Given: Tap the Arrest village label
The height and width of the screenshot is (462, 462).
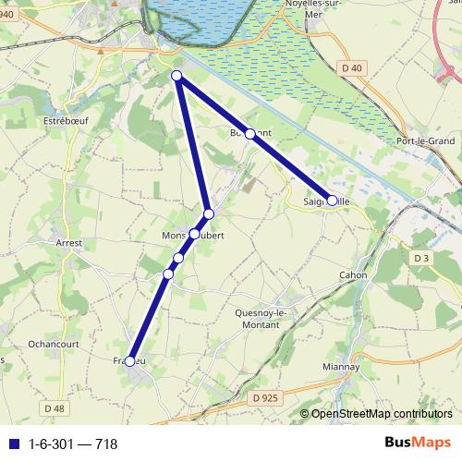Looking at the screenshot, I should pyautogui.click(x=69, y=243).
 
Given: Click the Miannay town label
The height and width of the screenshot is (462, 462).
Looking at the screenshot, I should pyautogui.click(x=342, y=367).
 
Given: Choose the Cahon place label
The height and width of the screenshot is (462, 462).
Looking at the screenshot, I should pyautogui.click(x=353, y=275).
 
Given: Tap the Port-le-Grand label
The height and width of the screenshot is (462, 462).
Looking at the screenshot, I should pyautogui.click(x=424, y=140).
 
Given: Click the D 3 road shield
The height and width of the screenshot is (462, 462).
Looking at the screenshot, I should pyautogui.click(x=422, y=257).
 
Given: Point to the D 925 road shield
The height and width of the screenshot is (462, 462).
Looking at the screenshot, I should pyautogui.click(x=263, y=398).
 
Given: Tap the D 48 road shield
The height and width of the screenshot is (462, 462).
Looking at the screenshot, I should pyautogui.click(x=55, y=407).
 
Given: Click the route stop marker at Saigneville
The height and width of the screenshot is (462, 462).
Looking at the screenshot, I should pyautogui.click(x=332, y=200).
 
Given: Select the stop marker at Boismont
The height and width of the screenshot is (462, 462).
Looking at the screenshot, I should pyautogui.click(x=249, y=133).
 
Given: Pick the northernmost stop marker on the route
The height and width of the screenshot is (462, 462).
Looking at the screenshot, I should pyautogui.click(x=177, y=77).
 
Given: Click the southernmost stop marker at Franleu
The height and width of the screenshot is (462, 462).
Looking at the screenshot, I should pyautogui.click(x=130, y=361).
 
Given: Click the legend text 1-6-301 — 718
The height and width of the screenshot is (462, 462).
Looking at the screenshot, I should pyautogui.click(x=73, y=444).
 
